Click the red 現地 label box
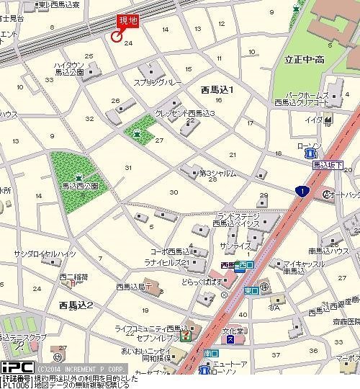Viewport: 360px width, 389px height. tap(129, 22)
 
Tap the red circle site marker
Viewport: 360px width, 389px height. tap(115, 37)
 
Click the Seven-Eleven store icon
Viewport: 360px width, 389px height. tap(186, 336)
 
